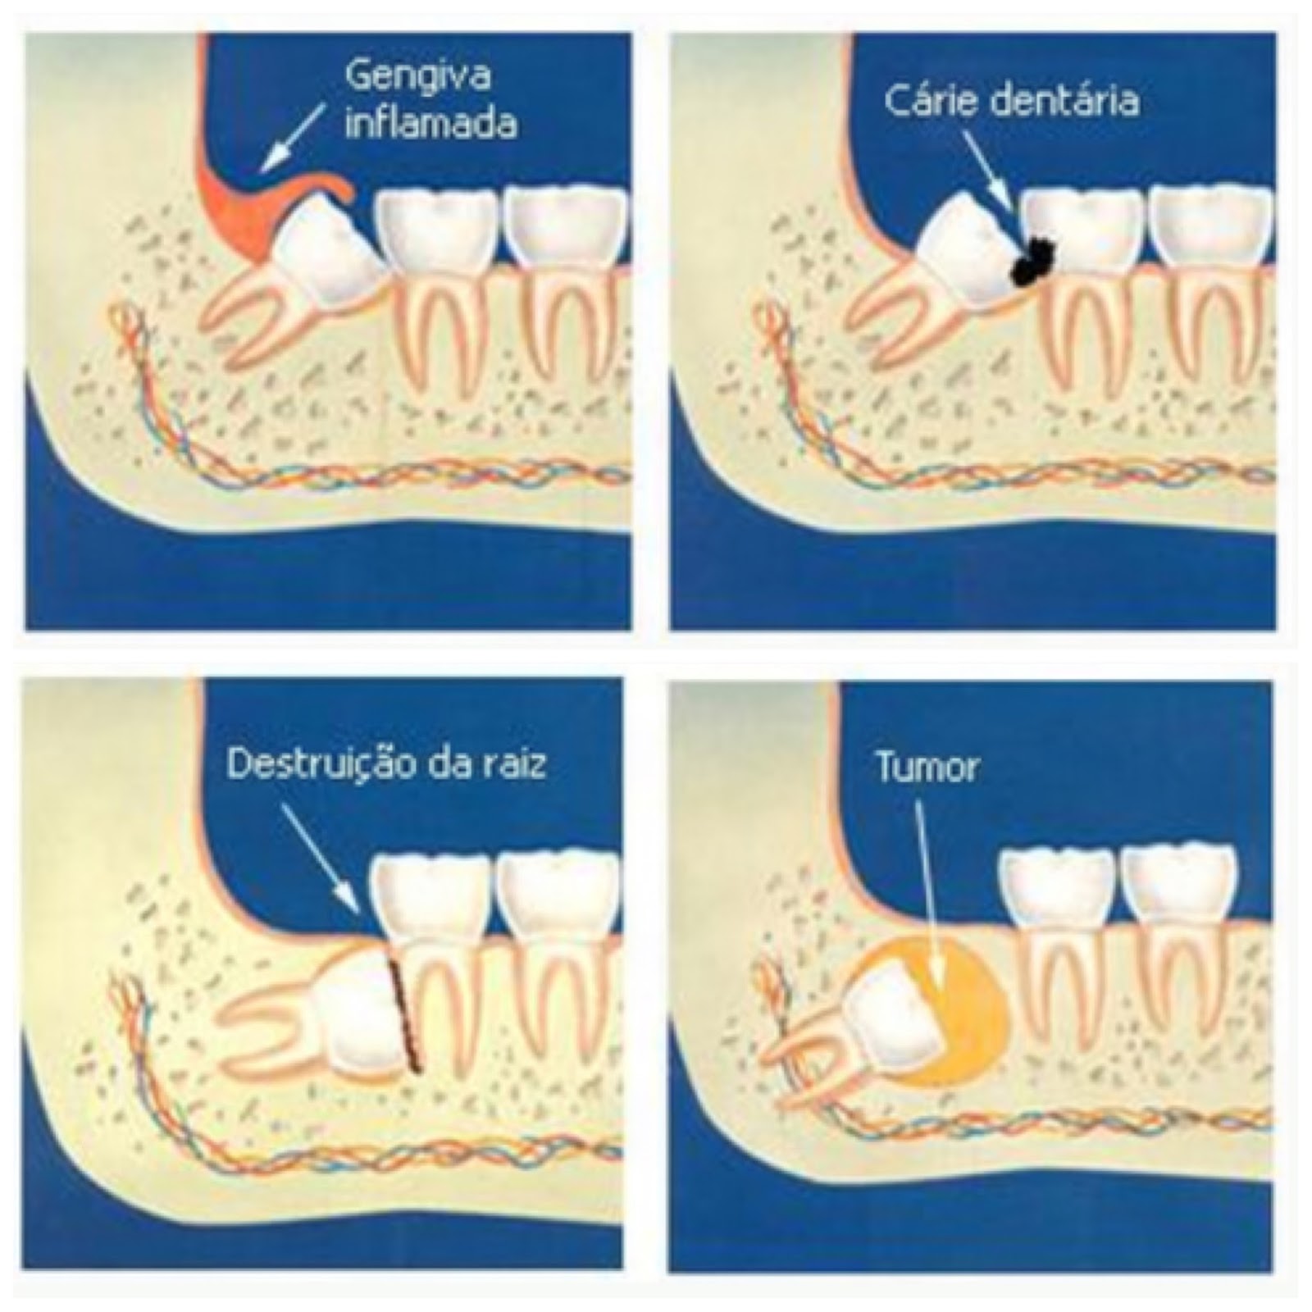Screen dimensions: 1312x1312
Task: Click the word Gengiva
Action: (418, 76)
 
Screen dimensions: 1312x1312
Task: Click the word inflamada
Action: (431, 125)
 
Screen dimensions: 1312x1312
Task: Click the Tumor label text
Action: (927, 769)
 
